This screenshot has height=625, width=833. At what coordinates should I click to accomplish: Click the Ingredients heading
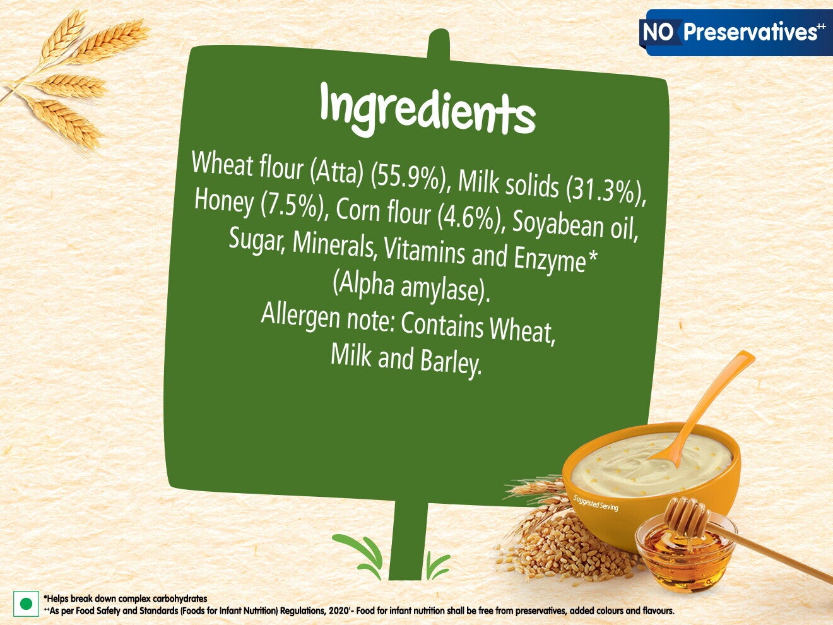pyautogui.click(x=427, y=110)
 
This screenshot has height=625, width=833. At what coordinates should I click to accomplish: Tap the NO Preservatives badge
pyautogui.click(x=735, y=32)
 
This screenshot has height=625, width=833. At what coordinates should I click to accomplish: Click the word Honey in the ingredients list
pyautogui.click(x=224, y=201)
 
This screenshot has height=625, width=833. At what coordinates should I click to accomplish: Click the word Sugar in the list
pyautogui.click(x=256, y=239)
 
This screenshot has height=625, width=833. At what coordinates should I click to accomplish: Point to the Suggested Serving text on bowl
pyautogui.click(x=595, y=504)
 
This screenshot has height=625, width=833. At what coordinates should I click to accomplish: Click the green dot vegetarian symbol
pyautogui.click(x=26, y=604)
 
